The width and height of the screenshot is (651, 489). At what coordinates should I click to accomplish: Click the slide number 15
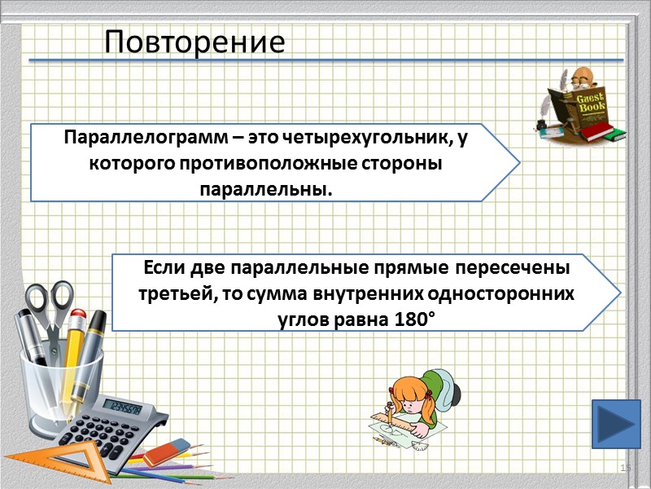pyautogui.click(x=626, y=468)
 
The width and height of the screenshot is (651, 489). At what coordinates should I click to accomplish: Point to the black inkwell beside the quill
pyautogui.click(x=541, y=123)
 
